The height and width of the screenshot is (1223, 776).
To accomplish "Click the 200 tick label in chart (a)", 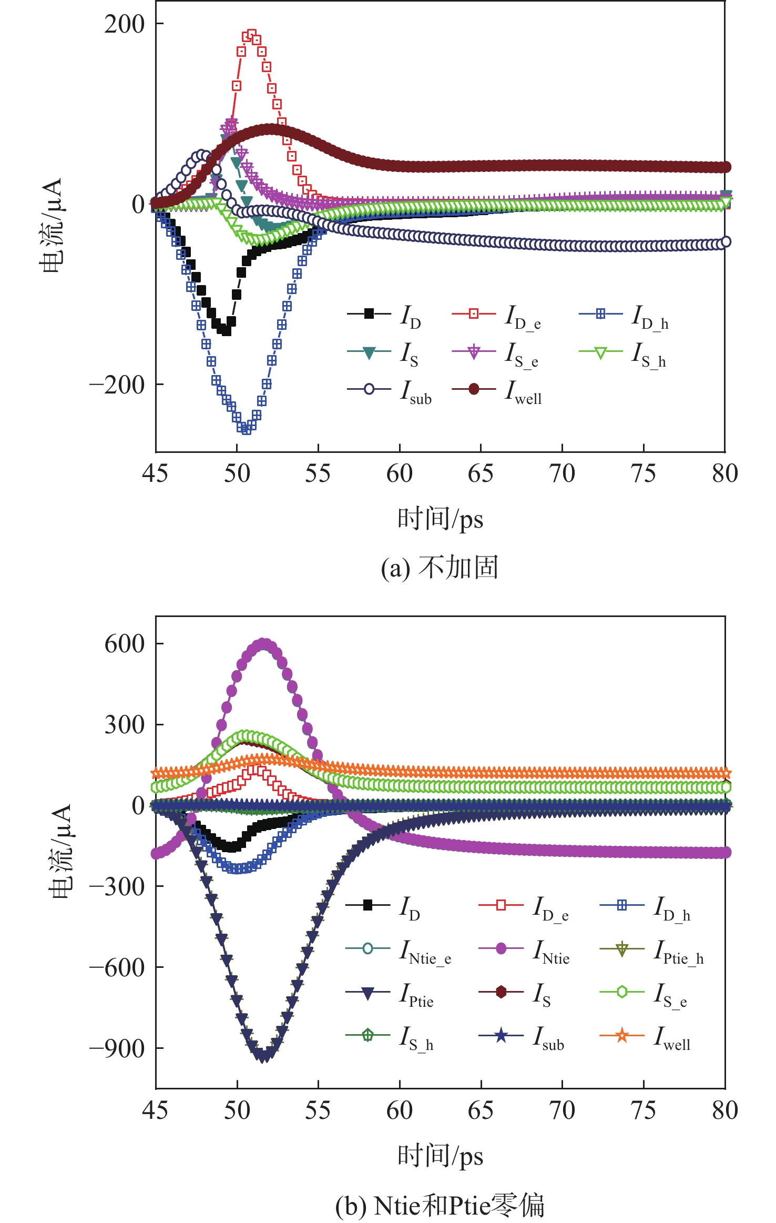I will pos(124,24).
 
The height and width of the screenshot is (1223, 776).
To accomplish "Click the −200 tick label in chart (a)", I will pos(117,385).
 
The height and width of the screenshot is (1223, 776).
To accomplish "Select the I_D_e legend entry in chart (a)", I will pos(497,316).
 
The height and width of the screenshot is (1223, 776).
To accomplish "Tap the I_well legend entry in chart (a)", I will pos(497,391).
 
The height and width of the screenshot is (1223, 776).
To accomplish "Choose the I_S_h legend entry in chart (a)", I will pos(624,353).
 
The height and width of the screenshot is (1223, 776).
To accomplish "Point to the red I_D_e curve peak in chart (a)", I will pos(251,35).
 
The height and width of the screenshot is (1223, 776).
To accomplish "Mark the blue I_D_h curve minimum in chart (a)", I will pos(246,429).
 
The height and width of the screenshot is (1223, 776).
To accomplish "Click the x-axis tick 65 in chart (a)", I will pos(481,473).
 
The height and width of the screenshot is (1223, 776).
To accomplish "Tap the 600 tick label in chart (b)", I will pos(124,644).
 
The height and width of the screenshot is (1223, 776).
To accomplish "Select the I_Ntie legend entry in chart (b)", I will pos(525,950).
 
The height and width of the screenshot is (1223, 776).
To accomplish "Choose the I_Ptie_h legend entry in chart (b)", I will pos(652,950).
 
